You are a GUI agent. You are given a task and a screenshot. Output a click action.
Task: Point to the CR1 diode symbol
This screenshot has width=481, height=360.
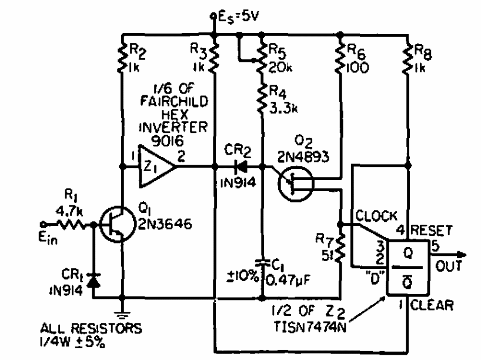pos(93,281)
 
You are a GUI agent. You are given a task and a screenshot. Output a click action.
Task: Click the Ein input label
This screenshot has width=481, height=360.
pos(51,236)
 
